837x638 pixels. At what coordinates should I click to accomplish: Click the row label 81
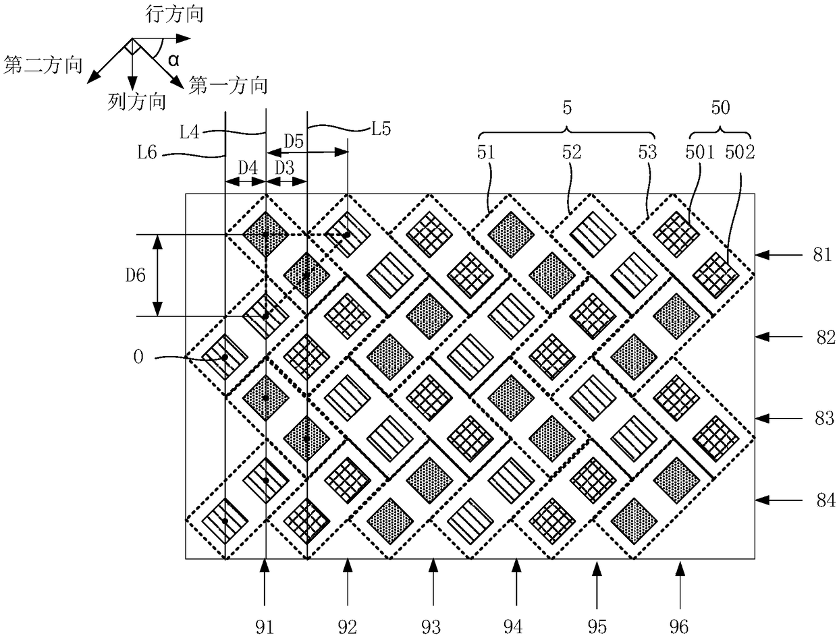pyautogui.click(x=821, y=254)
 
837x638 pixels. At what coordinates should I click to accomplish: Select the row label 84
pyautogui.click(x=826, y=500)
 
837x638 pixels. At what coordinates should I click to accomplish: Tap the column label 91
pyautogui.click(x=265, y=627)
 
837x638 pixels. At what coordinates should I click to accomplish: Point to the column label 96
pyautogui.click(x=679, y=627)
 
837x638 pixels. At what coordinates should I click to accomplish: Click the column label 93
pyautogui.click(x=431, y=627)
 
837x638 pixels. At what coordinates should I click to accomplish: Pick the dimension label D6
pyautogui.click(x=136, y=275)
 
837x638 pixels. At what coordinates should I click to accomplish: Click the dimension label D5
pyautogui.click(x=294, y=142)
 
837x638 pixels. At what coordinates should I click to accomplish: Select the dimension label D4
pyautogui.click(x=248, y=168)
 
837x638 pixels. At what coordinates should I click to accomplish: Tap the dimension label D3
pyautogui.click(x=285, y=168)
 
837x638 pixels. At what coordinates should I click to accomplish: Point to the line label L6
pyautogui.click(x=147, y=153)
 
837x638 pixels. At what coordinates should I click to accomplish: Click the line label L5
pyautogui.click(x=381, y=129)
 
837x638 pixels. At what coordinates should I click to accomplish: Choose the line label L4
pyautogui.click(x=190, y=133)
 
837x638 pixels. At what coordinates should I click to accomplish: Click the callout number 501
pyautogui.click(x=700, y=152)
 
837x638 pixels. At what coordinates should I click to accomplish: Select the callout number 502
pyautogui.click(x=740, y=152)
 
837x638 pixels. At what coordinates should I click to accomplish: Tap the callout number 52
pyautogui.click(x=572, y=152)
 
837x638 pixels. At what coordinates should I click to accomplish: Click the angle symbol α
pyautogui.click(x=173, y=60)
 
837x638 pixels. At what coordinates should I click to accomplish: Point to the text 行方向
pyautogui.click(x=174, y=16)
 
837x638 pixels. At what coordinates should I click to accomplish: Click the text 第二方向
pyautogui.click(x=43, y=65)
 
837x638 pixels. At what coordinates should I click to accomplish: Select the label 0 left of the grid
pyautogui.click(x=138, y=357)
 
